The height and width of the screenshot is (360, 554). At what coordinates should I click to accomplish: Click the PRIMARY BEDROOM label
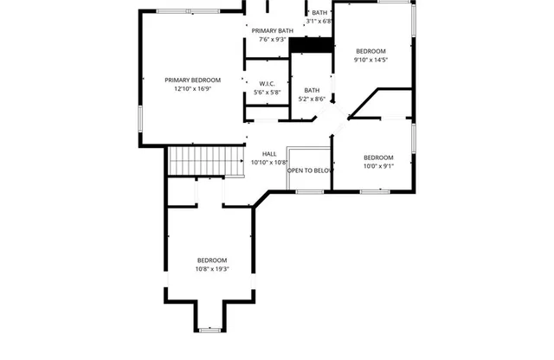pos(192,80)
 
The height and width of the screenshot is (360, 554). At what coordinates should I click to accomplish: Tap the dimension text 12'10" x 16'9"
pos(192,88)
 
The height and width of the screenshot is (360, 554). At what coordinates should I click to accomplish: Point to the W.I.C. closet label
pos(266,84)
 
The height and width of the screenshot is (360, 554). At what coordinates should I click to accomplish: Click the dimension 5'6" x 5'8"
pos(266,93)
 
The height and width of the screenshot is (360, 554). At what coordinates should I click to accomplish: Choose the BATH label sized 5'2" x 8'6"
pos(312,90)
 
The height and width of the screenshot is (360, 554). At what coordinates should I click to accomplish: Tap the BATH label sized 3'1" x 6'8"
pos(320,13)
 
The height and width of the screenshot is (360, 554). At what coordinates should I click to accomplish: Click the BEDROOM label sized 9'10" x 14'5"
pos(370,51)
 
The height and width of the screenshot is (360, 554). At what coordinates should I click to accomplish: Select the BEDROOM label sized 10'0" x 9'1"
pos(378,157)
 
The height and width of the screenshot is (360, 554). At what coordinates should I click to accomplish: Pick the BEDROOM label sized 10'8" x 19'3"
pos(211,260)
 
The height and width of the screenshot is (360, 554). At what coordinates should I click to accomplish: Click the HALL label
pos(269,154)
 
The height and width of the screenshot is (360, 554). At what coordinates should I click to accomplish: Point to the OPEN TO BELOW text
pos(310,170)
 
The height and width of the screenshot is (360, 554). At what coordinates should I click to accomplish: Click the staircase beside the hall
pos(202,160)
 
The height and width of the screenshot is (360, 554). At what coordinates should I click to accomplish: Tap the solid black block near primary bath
pos(311,46)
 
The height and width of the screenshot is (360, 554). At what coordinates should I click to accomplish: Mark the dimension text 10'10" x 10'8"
pos(269,163)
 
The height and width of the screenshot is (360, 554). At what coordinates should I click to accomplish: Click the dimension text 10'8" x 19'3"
pos(211,269)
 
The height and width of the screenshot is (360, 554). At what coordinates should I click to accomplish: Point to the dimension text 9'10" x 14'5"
pos(370,60)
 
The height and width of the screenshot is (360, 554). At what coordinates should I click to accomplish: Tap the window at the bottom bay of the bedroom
pos(210,329)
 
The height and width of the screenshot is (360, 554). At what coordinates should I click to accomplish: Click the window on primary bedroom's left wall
pos(141,116)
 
